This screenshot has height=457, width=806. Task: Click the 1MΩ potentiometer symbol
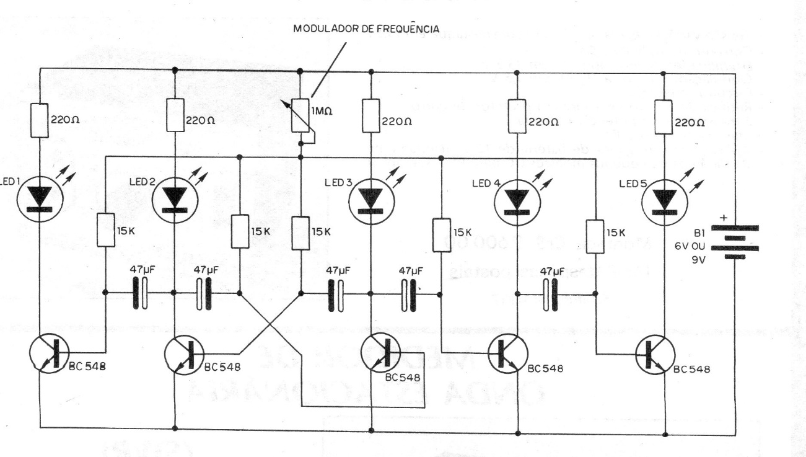click(300, 116)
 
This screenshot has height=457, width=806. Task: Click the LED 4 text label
click(486, 184)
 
